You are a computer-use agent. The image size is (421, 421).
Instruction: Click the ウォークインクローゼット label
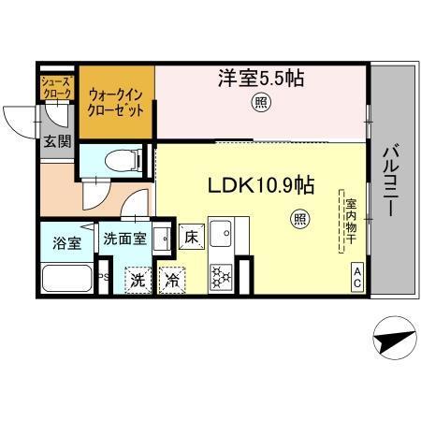coord(116,99)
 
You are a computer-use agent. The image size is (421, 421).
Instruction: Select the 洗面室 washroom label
coord(123,238)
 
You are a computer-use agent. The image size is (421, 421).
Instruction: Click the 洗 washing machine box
coord(138,279)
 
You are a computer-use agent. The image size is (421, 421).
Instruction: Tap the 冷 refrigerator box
coord(173,279)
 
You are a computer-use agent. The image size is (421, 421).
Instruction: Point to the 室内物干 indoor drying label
coord(350,220)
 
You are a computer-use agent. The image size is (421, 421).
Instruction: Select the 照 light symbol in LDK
coord(299,221)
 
